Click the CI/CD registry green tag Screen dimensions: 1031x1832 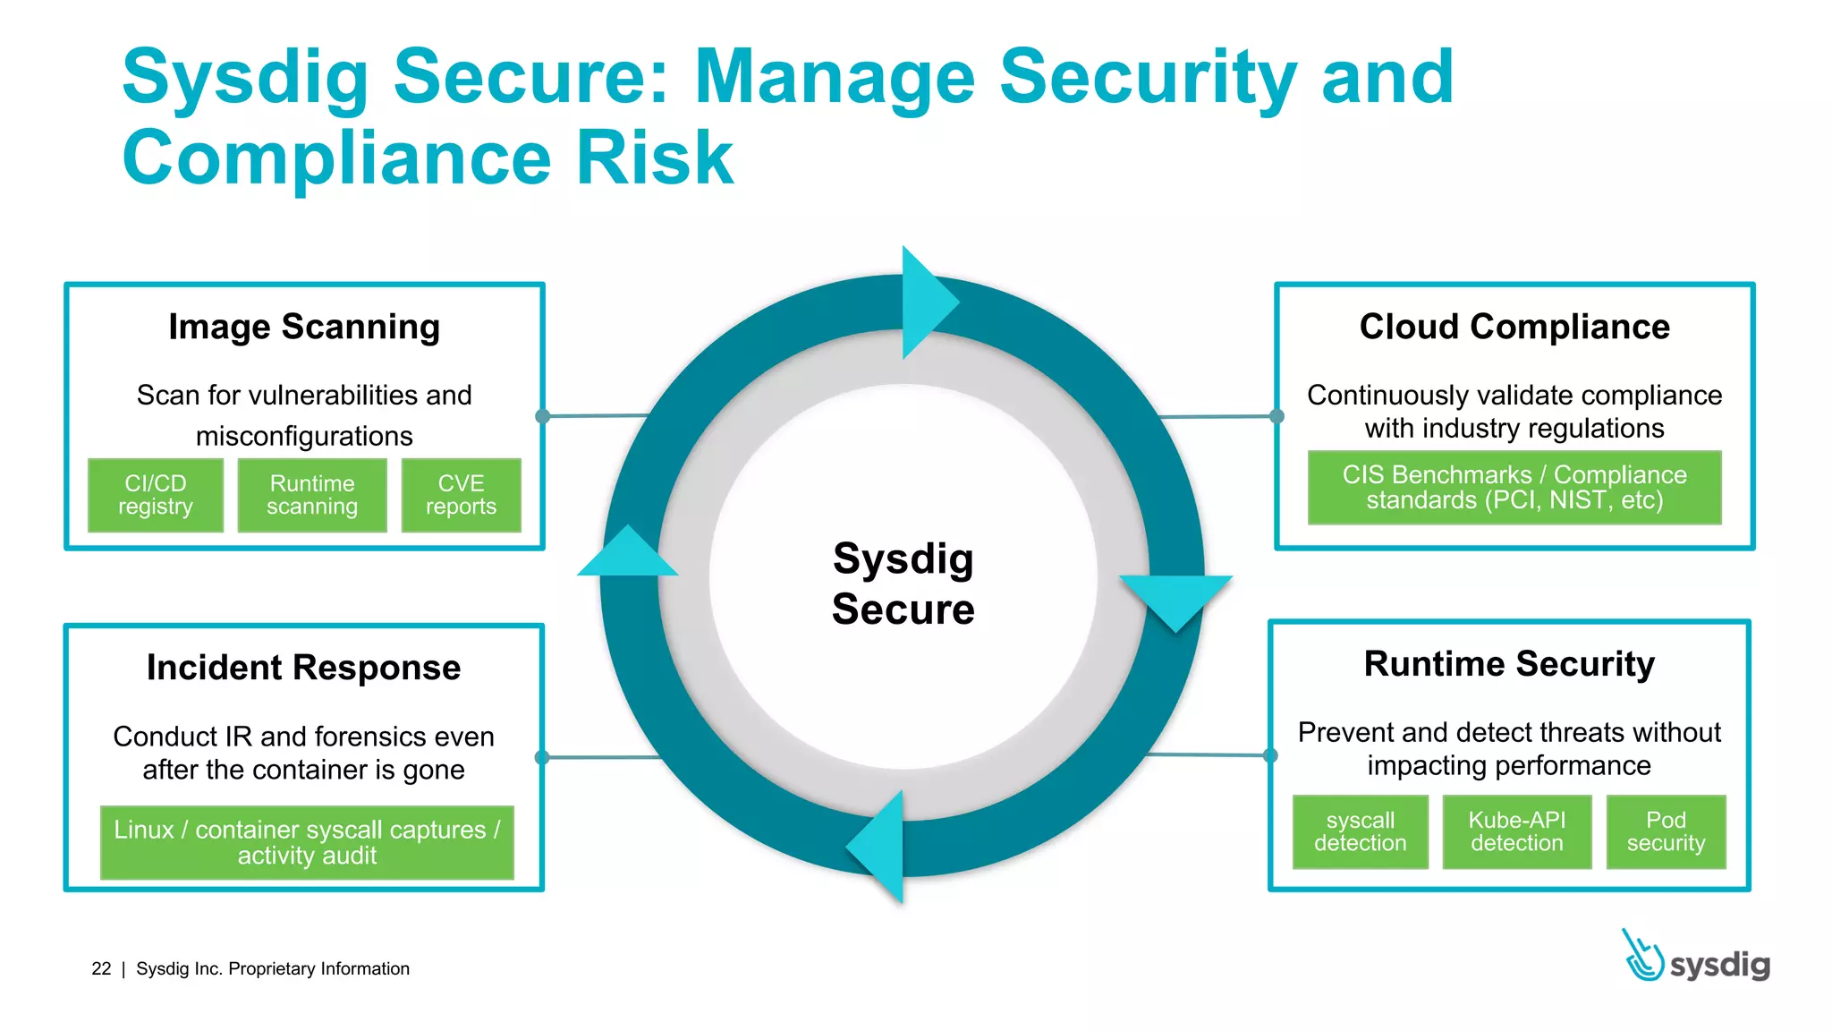(156, 495)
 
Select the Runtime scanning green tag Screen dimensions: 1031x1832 (312, 495)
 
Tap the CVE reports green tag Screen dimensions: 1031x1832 (461, 495)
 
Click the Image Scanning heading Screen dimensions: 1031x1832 (304, 327)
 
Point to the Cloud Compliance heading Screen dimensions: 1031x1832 (1514, 327)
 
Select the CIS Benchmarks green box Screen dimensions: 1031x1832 (1514, 488)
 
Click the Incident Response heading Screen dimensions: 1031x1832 (304, 668)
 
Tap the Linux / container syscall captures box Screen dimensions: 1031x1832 (307, 842)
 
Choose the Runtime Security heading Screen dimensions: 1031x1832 (1509, 664)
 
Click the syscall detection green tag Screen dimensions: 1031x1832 (1360, 831)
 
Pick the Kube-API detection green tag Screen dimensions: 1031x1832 (1517, 831)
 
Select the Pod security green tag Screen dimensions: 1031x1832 (1666, 831)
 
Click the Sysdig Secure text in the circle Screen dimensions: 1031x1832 (903, 584)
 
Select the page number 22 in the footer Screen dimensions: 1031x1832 (101, 968)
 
